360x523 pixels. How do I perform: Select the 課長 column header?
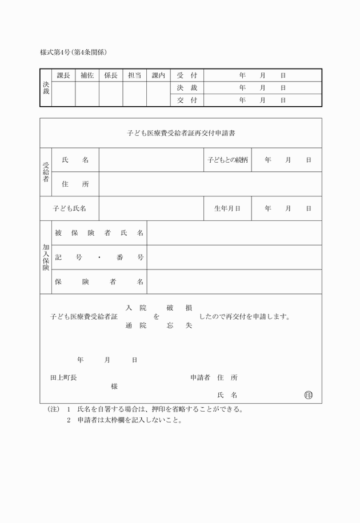[63, 75]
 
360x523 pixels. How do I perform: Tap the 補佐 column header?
[87, 75]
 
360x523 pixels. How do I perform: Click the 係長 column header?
[111, 75]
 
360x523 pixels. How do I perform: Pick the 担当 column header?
[135, 75]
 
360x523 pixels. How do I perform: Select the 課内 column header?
[158, 75]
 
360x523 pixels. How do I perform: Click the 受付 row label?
[187, 75]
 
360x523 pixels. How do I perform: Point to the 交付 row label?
[187, 100]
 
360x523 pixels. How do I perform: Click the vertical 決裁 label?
[46, 87]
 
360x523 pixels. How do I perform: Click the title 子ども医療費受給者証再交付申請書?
[181, 133]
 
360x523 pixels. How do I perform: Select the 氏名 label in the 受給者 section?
[75, 160]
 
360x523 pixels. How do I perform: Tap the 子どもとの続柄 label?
[227, 160]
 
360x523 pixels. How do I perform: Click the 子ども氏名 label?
[69, 208]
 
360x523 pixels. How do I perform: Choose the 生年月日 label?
[227, 208]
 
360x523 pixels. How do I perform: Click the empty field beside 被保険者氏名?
[234, 233]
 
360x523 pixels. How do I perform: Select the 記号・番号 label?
[99, 258]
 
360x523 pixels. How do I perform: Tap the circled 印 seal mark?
[309, 395]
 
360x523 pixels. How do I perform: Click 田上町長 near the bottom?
[63, 378]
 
